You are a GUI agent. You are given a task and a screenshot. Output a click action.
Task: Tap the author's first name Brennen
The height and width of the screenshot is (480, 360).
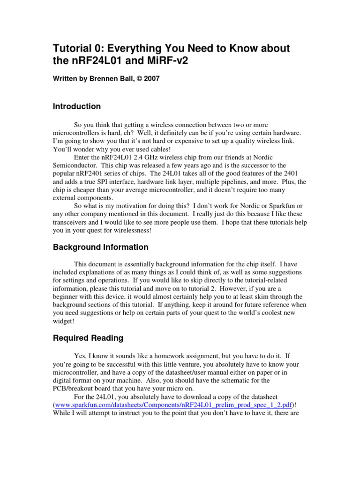101,79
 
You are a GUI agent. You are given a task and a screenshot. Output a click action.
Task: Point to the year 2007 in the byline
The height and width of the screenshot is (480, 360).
152,79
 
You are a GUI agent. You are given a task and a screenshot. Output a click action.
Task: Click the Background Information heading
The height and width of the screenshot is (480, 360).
100,247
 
